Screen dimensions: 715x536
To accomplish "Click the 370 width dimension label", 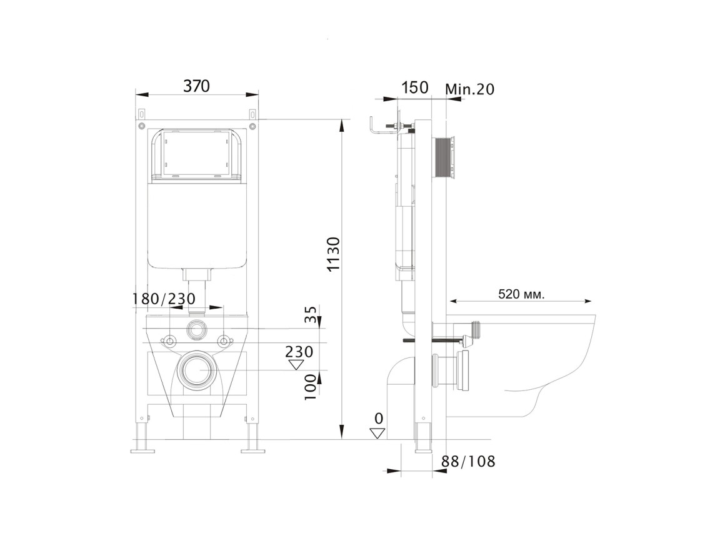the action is pyautogui.click(x=196, y=86).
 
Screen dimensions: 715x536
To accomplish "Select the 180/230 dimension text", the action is pyautogui.click(x=164, y=299).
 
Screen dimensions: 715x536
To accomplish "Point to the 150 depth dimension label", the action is pyautogui.click(x=416, y=87).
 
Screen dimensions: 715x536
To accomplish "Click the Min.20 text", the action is pyautogui.click(x=469, y=89).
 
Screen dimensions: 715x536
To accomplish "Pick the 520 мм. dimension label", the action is pyautogui.click(x=521, y=294).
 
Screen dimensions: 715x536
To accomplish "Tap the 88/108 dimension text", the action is pyautogui.click(x=468, y=461).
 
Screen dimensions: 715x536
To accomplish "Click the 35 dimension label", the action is pyautogui.click(x=311, y=314).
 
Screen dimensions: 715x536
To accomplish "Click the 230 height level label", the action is pyautogui.click(x=299, y=352).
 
